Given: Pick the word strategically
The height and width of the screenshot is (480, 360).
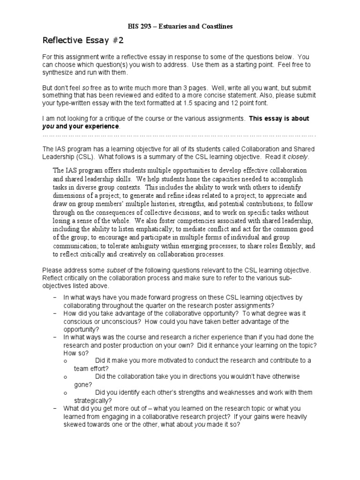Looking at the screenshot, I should click(x=92, y=400).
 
